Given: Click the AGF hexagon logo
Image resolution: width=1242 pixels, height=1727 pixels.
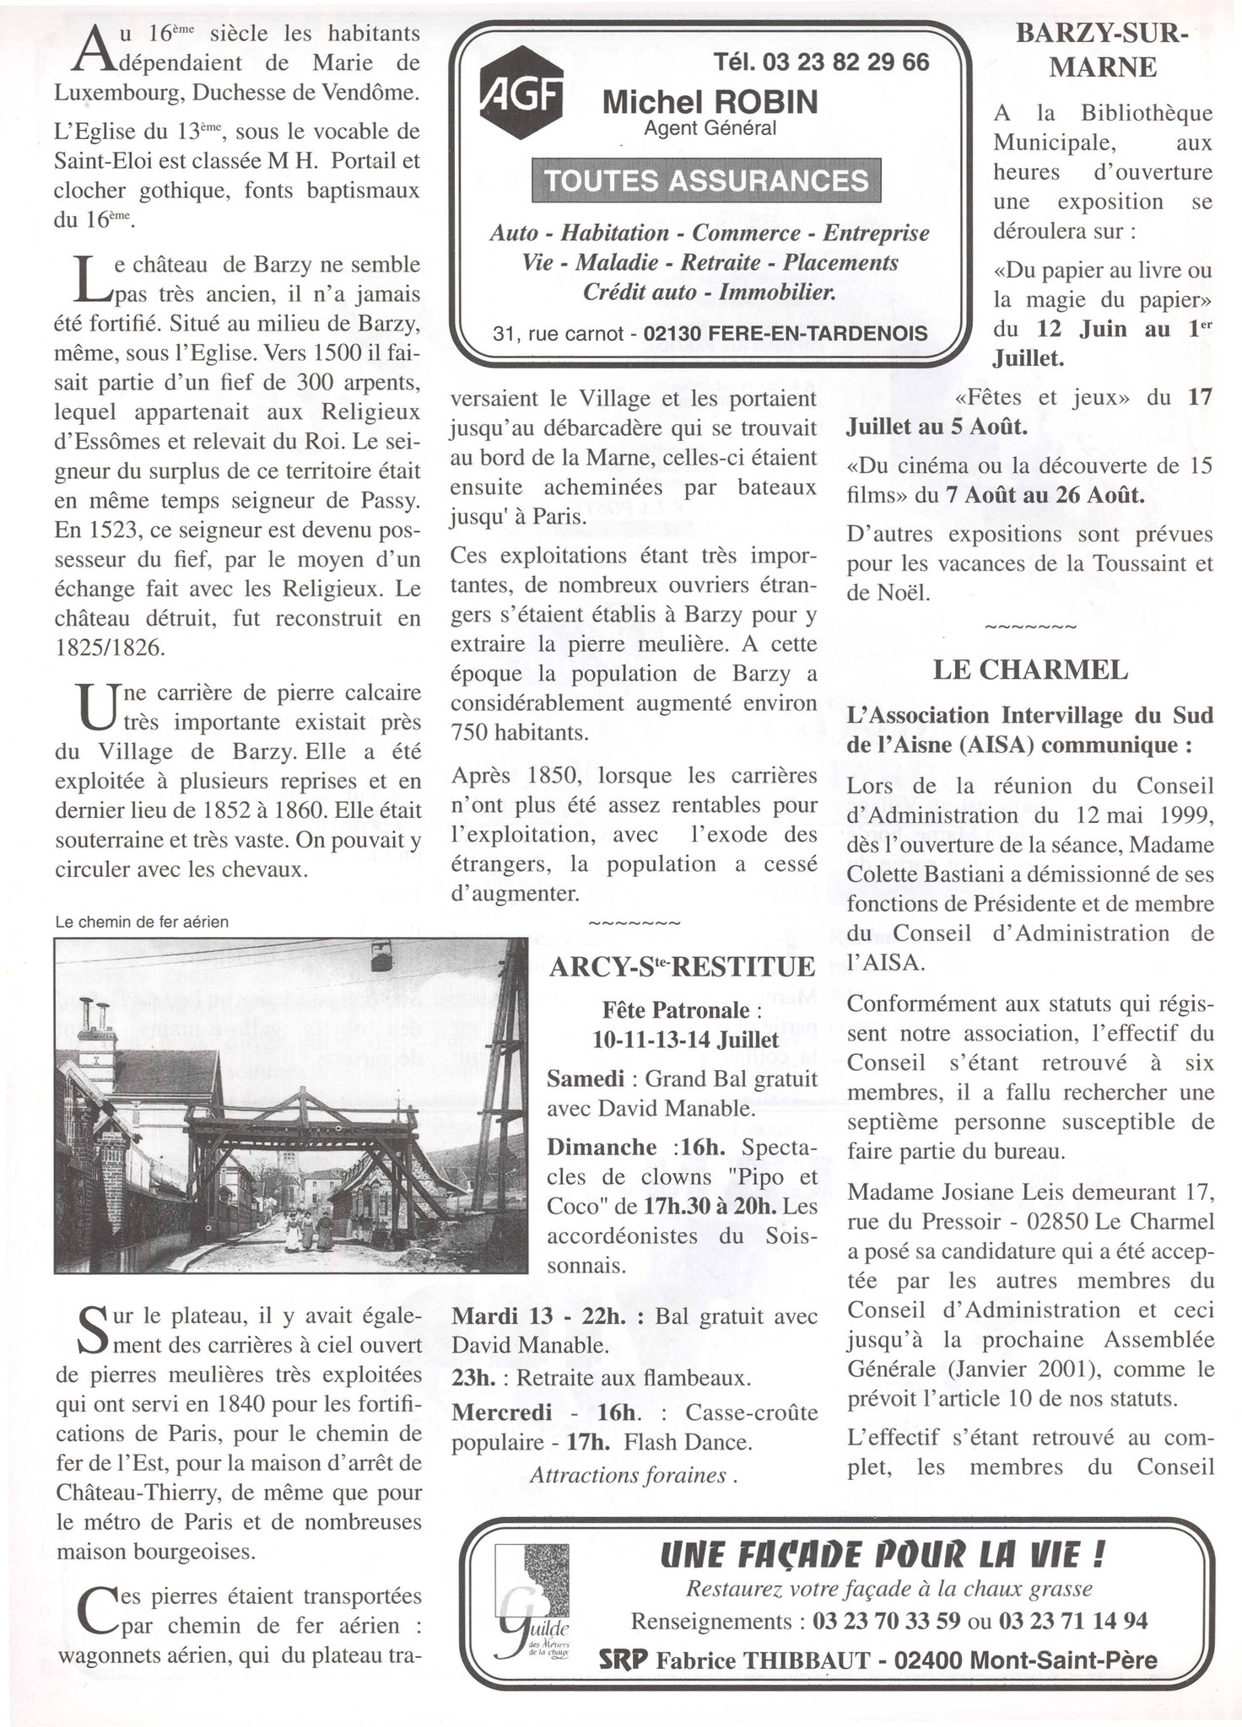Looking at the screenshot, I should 521,100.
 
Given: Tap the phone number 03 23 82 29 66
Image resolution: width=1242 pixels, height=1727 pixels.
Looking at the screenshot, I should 821,62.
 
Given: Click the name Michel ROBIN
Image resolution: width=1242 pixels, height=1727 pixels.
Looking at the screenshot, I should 710,103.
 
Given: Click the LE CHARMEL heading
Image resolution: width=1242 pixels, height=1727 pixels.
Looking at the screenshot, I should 1029,670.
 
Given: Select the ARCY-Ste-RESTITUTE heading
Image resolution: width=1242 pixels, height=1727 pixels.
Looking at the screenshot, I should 682,967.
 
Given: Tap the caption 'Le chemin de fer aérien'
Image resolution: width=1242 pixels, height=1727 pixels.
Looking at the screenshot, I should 142,923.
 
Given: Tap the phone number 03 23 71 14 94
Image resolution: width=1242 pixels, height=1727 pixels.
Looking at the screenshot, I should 1072,1622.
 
